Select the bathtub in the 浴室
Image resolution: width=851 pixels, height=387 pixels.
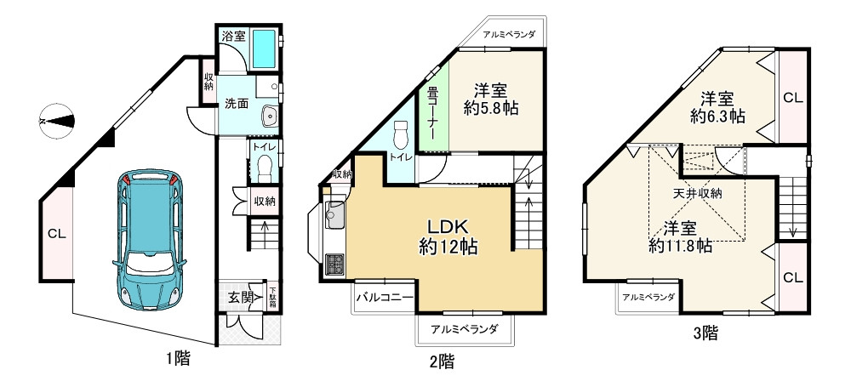266,49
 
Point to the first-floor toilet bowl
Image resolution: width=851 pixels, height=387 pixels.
264,164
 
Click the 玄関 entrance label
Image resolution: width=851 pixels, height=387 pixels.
241,297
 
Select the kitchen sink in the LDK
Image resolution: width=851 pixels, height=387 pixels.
333,215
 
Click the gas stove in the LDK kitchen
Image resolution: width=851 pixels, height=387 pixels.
333,265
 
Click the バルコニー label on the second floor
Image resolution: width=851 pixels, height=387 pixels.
384,298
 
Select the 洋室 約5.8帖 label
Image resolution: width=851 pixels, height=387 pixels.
491,99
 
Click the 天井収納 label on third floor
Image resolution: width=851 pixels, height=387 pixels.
698,193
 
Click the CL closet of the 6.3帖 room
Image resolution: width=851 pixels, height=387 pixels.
792,97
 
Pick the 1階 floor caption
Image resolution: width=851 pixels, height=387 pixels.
176,358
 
